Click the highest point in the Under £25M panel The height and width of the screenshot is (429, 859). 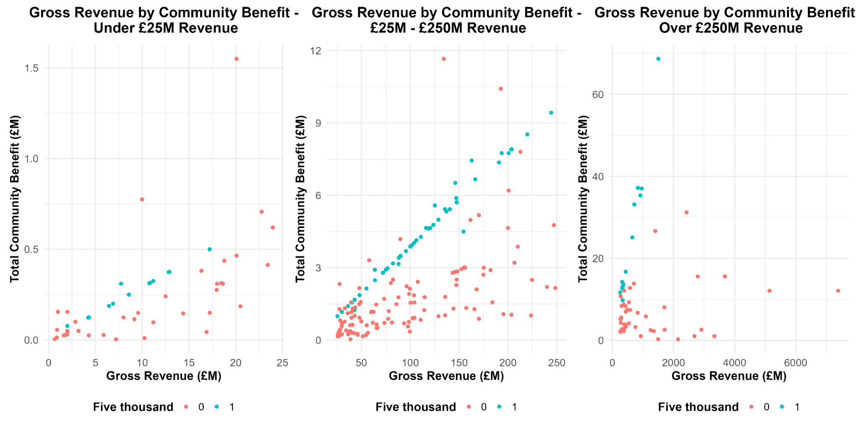coord(236,59)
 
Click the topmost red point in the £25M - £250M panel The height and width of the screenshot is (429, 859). coord(444,59)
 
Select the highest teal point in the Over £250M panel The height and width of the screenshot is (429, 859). coord(658,59)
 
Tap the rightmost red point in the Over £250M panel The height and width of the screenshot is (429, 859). coord(838,291)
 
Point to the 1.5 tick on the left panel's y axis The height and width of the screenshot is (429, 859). coord(32,68)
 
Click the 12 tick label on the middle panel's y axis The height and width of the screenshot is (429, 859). coord(315,51)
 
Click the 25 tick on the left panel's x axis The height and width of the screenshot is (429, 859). coord(283,363)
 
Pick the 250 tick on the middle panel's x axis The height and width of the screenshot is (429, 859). coord(557,363)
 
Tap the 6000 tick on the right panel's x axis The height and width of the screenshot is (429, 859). coord(796,363)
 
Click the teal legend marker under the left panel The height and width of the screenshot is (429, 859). coord(217,407)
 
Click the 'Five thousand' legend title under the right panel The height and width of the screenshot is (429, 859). coord(698,407)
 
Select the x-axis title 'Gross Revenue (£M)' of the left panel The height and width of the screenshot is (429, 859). coord(164,376)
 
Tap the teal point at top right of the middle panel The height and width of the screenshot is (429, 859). coord(551,113)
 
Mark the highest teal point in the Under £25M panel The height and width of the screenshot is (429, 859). coord(210,249)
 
